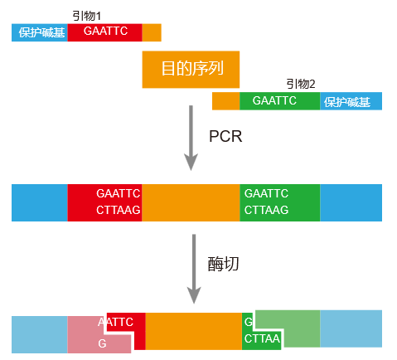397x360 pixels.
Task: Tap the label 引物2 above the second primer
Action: [x=300, y=84]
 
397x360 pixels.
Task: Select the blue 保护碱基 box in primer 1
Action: [x=40, y=32]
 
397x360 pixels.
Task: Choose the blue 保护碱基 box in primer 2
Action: [x=351, y=101]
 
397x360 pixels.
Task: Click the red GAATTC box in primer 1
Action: [x=105, y=32]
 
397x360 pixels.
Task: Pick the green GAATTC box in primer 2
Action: [x=279, y=101]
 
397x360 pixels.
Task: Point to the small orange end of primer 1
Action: [x=152, y=32]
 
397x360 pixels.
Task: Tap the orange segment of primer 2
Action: [x=225, y=101]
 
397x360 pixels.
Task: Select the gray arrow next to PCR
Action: [x=192, y=137]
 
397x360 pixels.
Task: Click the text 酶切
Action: [x=223, y=264]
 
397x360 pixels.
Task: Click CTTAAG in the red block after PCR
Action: [x=118, y=211]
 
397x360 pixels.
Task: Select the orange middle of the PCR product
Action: [x=191, y=202]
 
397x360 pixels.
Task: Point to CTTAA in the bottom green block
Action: [x=262, y=339]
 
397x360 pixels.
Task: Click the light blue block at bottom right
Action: [x=351, y=329]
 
